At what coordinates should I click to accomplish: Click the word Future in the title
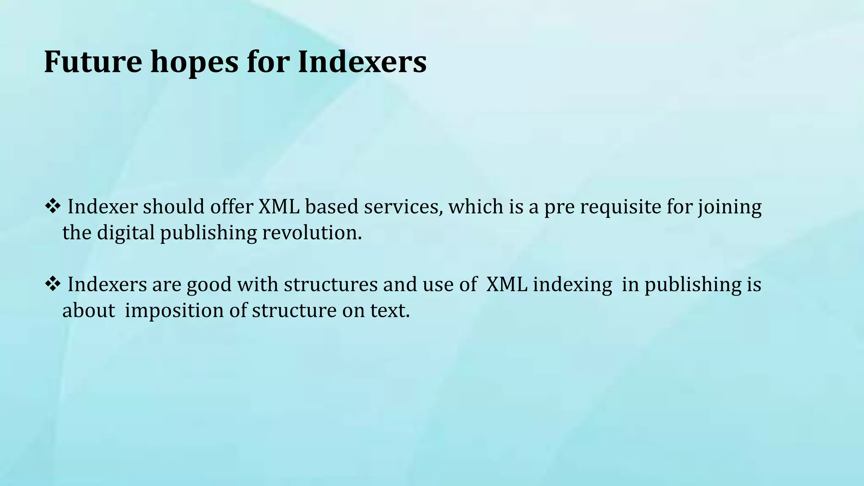click(x=93, y=62)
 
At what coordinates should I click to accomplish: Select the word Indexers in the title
click(x=362, y=62)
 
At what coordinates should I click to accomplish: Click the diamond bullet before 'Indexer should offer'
click(x=52, y=207)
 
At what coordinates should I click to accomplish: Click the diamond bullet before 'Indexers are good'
click(x=52, y=284)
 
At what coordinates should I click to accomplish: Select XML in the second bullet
click(x=506, y=284)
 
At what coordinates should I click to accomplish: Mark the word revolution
click(x=311, y=233)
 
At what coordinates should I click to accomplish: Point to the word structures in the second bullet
click(x=330, y=284)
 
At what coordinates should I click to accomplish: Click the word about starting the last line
click(x=89, y=311)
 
